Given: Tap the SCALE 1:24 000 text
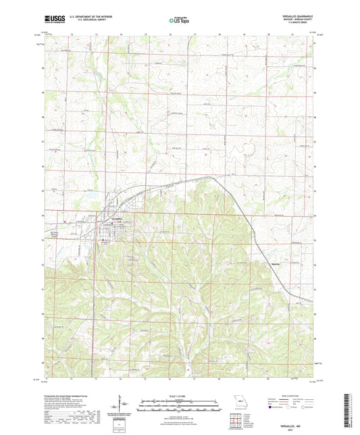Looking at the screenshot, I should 179,396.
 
